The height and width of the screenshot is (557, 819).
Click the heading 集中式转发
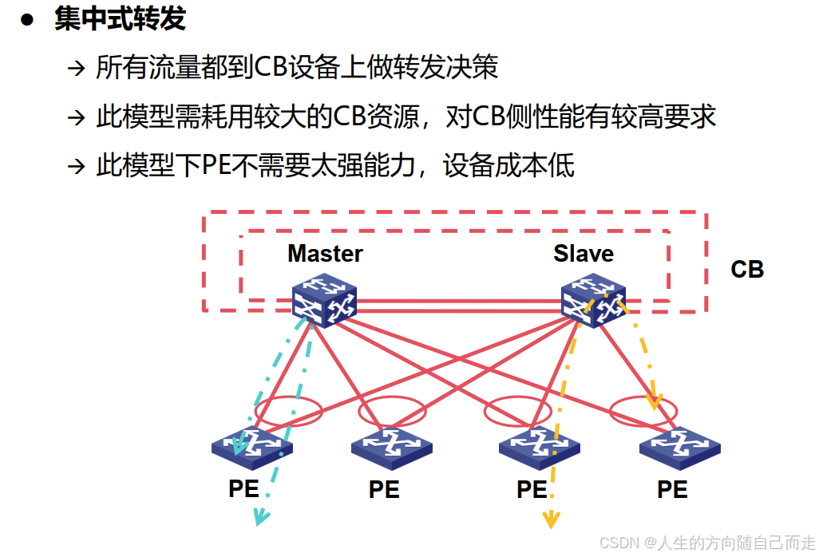click(121, 18)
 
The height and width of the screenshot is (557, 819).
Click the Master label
click(325, 254)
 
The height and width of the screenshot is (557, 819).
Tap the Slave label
click(584, 254)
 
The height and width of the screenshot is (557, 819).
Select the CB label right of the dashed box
click(747, 270)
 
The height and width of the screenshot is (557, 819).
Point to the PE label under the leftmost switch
click(243, 488)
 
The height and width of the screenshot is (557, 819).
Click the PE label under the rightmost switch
click(672, 489)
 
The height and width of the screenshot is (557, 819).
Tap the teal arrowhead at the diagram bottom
click(259, 518)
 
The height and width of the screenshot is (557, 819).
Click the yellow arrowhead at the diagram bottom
click(550, 519)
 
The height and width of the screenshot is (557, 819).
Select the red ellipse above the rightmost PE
click(643, 411)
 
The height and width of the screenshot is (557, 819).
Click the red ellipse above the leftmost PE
click(288, 411)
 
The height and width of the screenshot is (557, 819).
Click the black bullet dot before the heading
click(28, 20)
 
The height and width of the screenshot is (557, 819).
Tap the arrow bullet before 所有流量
click(76, 68)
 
